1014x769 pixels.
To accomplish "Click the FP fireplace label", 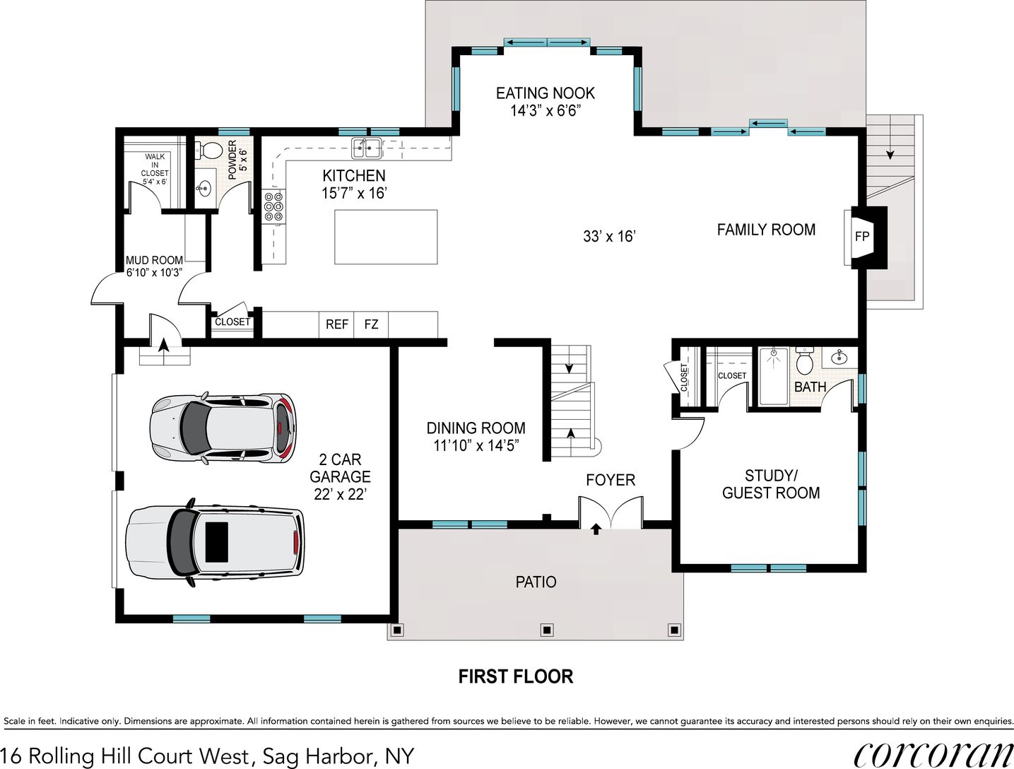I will tap(861, 237).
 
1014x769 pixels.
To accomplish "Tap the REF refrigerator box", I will tap(337, 324).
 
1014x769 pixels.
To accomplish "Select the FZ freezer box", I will tap(371, 324).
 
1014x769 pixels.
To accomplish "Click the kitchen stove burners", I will tap(273, 206).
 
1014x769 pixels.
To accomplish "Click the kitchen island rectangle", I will tap(386, 237).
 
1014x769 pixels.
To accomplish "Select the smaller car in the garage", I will tap(222, 428).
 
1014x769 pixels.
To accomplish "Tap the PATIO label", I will tap(536, 582).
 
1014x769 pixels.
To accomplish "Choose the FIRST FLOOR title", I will tap(515, 676).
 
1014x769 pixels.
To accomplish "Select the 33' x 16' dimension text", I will tap(608, 236).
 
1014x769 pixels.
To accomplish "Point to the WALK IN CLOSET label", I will tap(155, 169).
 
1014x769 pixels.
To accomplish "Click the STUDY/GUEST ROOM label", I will tap(771, 484).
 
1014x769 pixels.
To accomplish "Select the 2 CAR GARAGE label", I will tap(340, 477).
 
